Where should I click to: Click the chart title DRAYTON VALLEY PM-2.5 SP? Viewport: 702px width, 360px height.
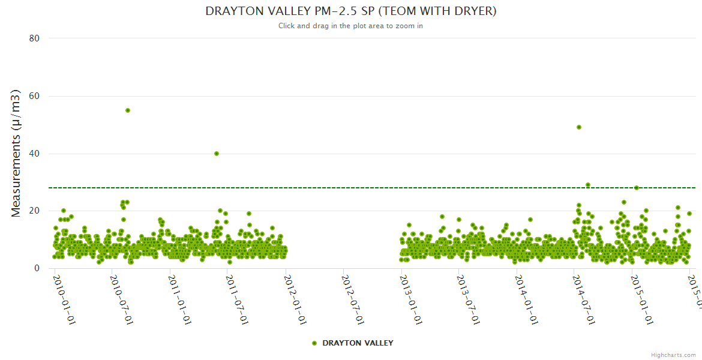pyautogui.click(x=351, y=11)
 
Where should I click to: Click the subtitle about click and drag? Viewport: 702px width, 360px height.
pyautogui.click(x=351, y=26)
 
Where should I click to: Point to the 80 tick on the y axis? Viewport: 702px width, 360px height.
pyautogui.click(x=34, y=38)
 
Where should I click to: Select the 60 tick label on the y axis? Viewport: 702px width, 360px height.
pyautogui.click(x=34, y=96)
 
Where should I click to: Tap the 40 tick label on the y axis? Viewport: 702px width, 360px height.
pyautogui.click(x=34, y=154)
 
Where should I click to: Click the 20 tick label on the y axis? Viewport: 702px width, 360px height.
pyautogui.click(x=34, y=211)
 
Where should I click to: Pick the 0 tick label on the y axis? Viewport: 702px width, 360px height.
pyautogui.click(x=37, y=268)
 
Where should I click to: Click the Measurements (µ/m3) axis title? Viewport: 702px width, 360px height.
pyautogui.click(x=17, y=153)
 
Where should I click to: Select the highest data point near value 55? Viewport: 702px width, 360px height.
pyautogui.click(x=128, y=110)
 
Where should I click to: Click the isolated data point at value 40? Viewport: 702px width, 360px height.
pyautogui.click(x=217, y=154)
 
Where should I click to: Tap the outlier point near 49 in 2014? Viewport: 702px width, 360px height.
pyautogui.click(x=579, y=127)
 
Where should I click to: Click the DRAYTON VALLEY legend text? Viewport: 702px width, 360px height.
pyautogui.click(x=358, y=343)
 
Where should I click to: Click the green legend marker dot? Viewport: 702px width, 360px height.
pyautogui.click(x=314, y=343)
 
